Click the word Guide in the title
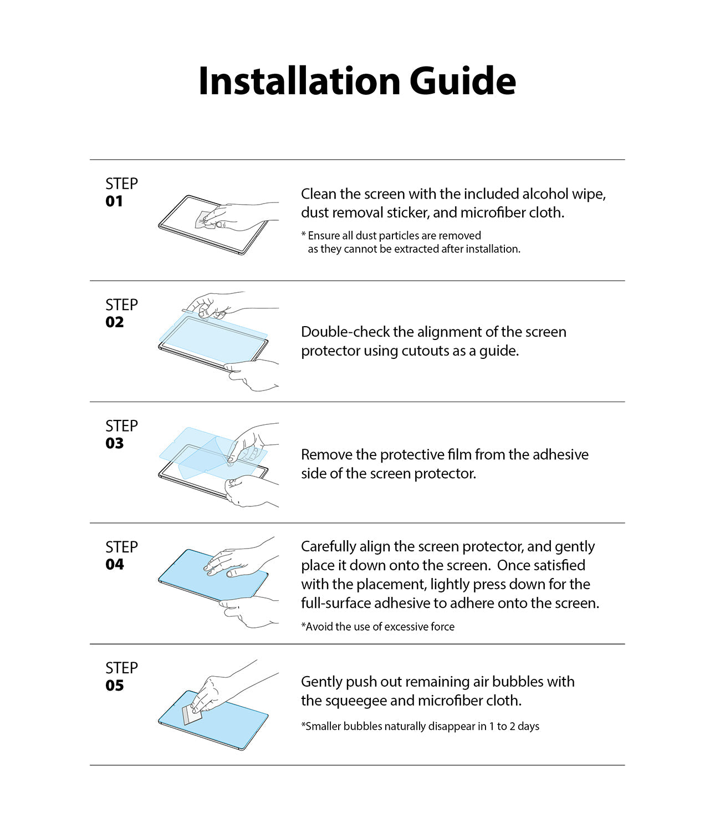coord(463,81)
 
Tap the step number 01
coord(114,201)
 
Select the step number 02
coord(115,322)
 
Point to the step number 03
coord(115,443)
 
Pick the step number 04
coord(115,565)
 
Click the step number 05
coord(115,686)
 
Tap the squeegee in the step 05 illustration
coord(191,714)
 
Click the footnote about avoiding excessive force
coord(378,627)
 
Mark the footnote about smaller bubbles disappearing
coord(420,727)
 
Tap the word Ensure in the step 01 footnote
coord(324,236)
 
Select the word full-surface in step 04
coord(336,603)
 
